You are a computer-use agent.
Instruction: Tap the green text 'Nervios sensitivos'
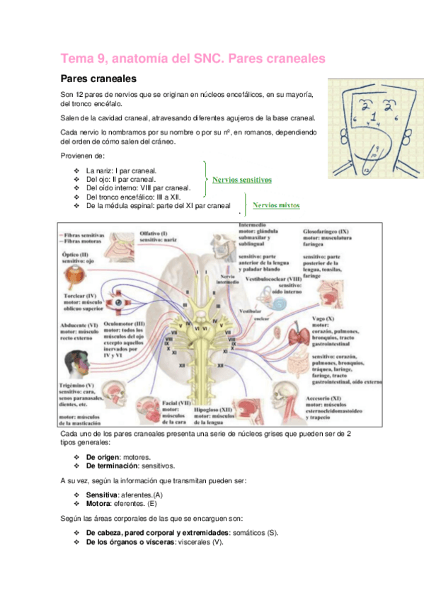pyautogui.click(x=241, y=180)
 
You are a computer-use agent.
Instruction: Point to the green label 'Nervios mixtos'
pyautogui.click(x=276, y=205)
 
